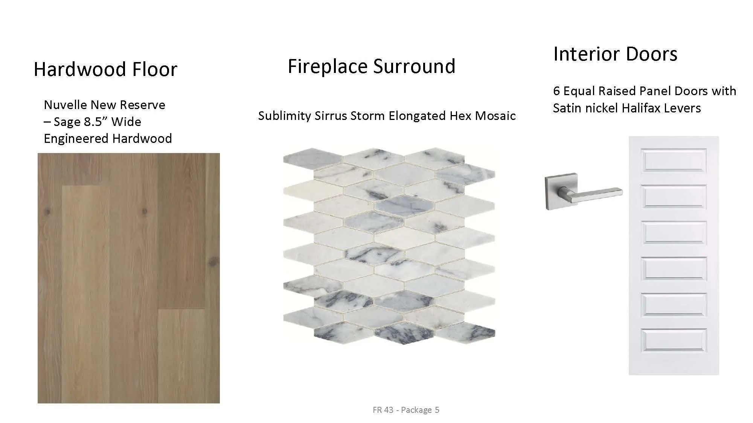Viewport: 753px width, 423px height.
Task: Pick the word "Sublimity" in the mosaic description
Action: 285,116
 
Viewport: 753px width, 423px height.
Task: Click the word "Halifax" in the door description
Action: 641,108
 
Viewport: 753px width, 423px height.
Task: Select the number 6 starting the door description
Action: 556,91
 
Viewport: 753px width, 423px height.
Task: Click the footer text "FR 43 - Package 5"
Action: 406,409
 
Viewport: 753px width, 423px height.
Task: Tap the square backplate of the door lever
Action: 561,191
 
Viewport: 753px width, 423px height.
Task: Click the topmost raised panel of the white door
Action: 674,160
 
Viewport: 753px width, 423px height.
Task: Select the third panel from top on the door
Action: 674,233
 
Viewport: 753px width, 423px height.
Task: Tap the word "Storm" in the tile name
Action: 368,116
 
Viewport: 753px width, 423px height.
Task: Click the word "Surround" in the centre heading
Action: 414,66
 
